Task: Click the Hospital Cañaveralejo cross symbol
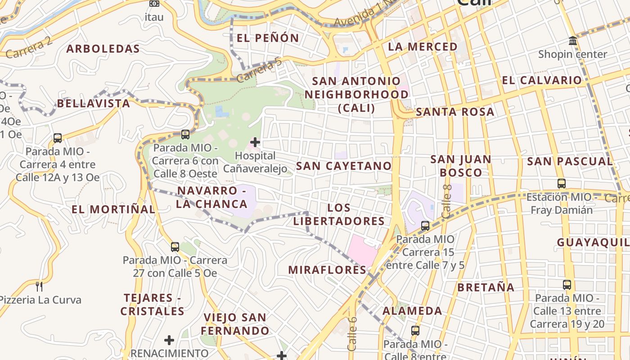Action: (x=255, y=143)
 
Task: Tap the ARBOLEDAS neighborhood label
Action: (x=103, y=49)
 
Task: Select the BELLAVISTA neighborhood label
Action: (x=93, y=103)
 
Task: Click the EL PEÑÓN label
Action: (x=268, y=38)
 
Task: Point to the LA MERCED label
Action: (x=423, y=47)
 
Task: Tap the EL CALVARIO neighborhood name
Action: (x=542, y=81)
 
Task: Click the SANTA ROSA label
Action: (x=455, y=112)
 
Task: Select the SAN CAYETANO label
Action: (x=344, y=166)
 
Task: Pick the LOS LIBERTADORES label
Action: (x=339, y=215)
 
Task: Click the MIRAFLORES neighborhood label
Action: (x=327, y=270)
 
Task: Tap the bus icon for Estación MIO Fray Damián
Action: (x=562, y=184)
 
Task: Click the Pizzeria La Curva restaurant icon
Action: (x=39, y=286)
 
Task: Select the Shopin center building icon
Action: (x=573, y=41)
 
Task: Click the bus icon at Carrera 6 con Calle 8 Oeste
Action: (x=185, y=134)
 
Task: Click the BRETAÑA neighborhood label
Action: (x=486, y=287)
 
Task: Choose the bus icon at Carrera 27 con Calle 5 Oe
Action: (x=175, y=247)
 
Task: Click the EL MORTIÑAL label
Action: (x=113, y=209)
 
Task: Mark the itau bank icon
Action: (x=154, y=4)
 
